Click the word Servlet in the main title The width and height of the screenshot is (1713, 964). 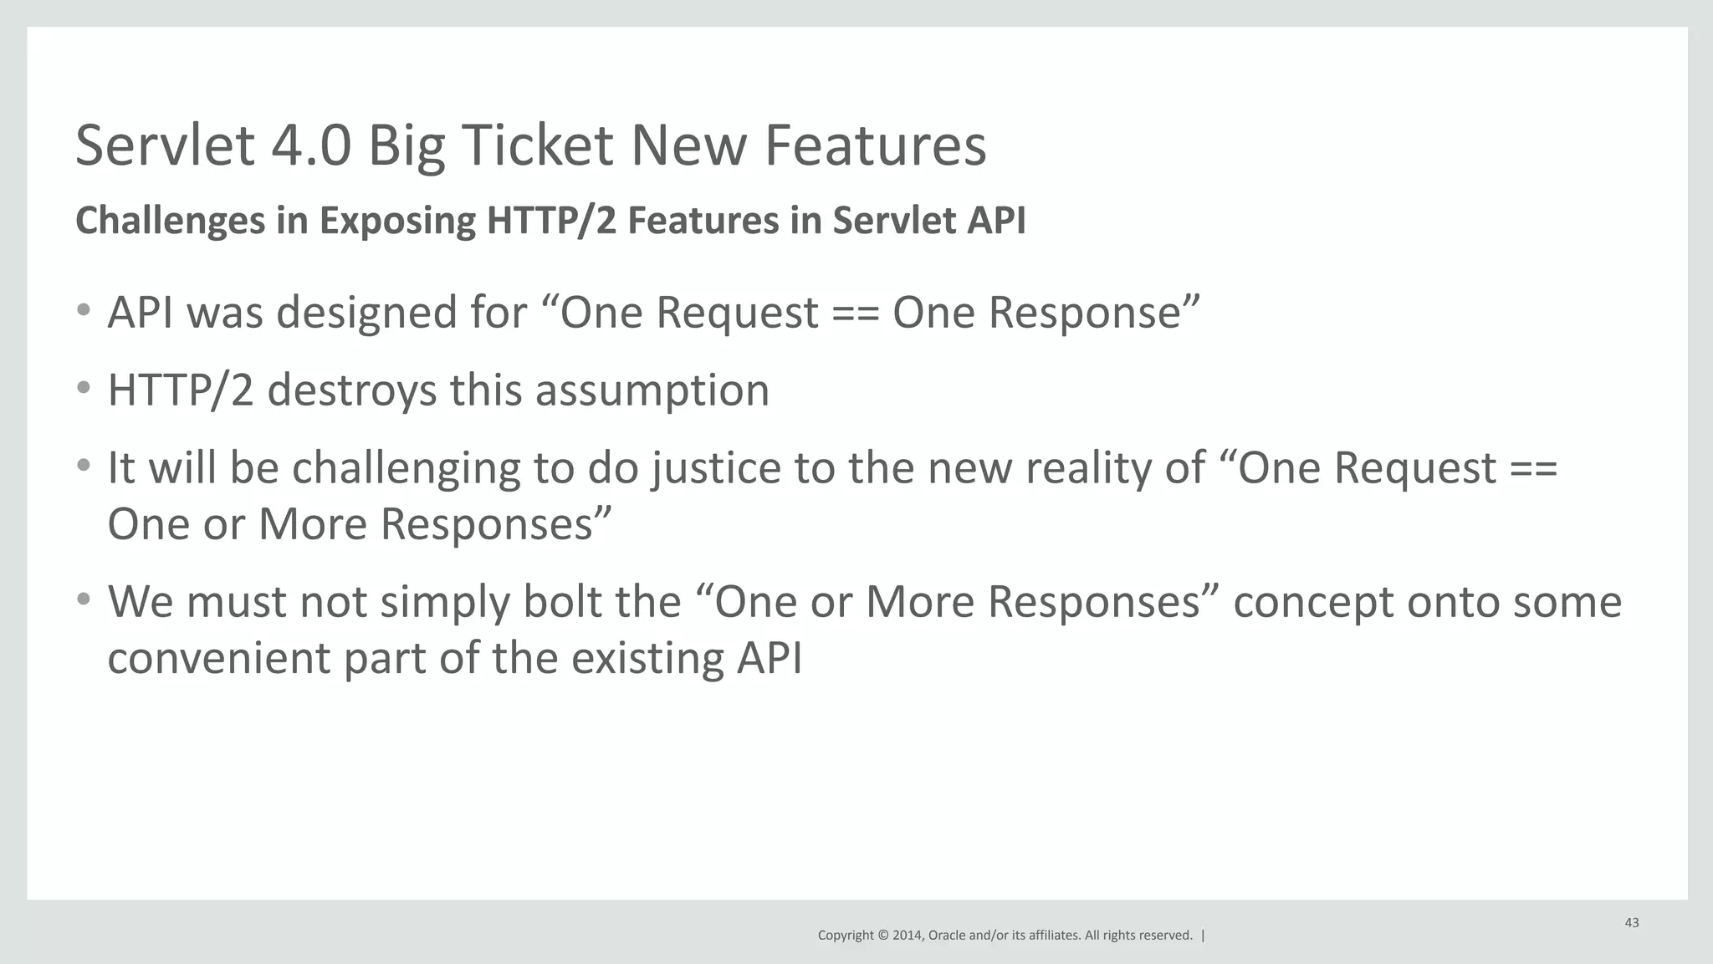[165, 145]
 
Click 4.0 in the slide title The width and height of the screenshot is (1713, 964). [311, 145]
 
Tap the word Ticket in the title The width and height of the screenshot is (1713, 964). [536, 145]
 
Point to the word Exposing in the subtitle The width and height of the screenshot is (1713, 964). [397, 222]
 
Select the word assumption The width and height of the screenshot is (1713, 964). [652, 391]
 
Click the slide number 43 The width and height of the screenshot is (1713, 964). [1631, 923]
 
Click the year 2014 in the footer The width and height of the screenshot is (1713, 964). [908, 936]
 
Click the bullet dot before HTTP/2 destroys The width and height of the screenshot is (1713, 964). [83, 388]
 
